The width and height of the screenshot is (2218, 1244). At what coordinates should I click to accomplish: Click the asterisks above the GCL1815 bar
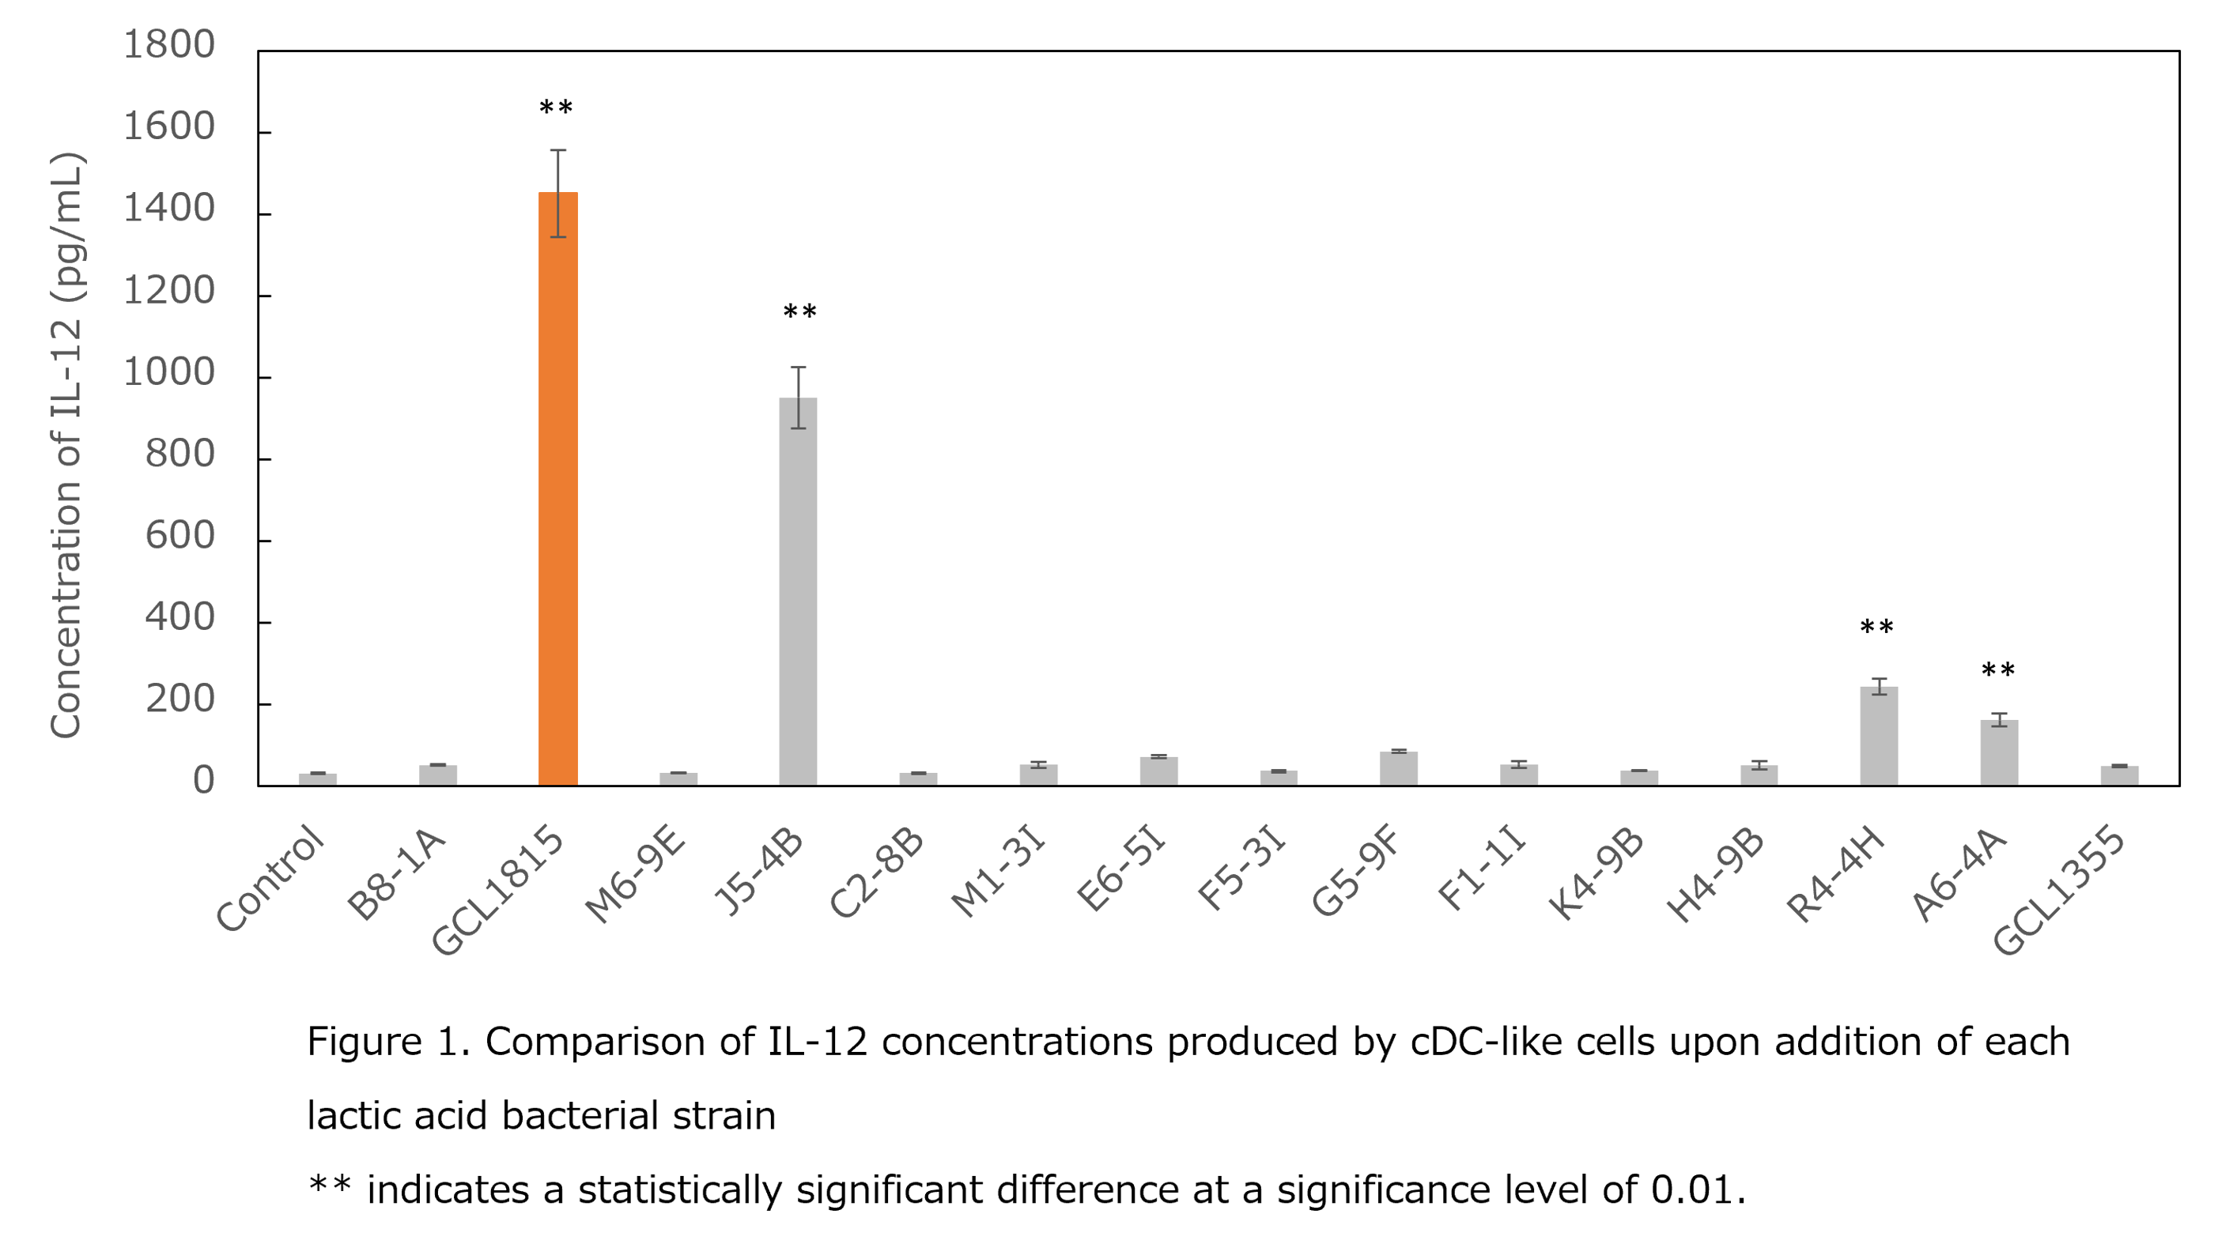pos(555,109)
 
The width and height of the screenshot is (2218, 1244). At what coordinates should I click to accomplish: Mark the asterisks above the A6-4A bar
pos(1997,671)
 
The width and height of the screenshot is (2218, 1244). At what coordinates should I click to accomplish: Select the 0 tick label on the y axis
pos(203,781)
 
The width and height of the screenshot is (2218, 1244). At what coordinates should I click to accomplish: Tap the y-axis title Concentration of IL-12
pos(67,444)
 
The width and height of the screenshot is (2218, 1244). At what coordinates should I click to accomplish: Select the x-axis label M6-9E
pos(636,874)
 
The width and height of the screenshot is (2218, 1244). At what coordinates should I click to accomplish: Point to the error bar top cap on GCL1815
pos(558,151)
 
